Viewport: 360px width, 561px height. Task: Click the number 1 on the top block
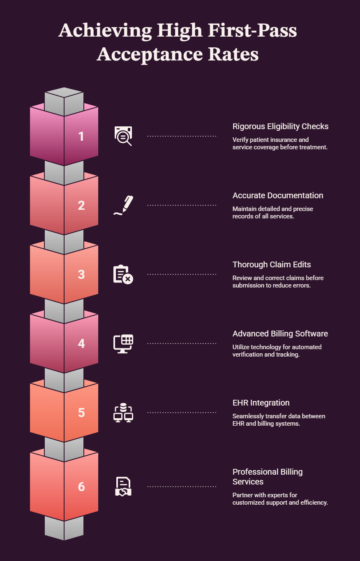coord(81,137)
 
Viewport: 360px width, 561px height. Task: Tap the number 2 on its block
coord(81,206)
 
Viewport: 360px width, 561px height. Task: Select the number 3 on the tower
coord(81,275)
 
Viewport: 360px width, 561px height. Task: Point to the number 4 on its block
coord(81,344)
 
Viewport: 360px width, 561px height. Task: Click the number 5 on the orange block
coord(81,413)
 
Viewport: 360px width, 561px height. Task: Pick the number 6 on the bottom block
coord(81,487)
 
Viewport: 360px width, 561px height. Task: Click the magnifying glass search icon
coord(123,136)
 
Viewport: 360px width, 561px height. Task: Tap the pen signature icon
coord(123,205)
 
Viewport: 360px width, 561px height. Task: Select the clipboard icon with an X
coord(123,274)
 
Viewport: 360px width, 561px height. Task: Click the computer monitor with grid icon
coord(123,343)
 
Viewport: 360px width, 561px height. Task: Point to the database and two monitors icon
coord(123,413)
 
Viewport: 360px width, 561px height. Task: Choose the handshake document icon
coord(123,487)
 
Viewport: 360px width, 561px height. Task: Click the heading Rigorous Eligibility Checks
coord(280,127)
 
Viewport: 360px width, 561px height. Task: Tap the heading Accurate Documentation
coord(278,196)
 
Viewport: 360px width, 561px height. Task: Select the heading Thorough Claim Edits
coord(272,265)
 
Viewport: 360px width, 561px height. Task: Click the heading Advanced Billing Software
coord(280,334)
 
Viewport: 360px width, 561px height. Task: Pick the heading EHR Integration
coord(261,403)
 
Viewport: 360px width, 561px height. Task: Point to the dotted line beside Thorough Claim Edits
coord(182,274)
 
